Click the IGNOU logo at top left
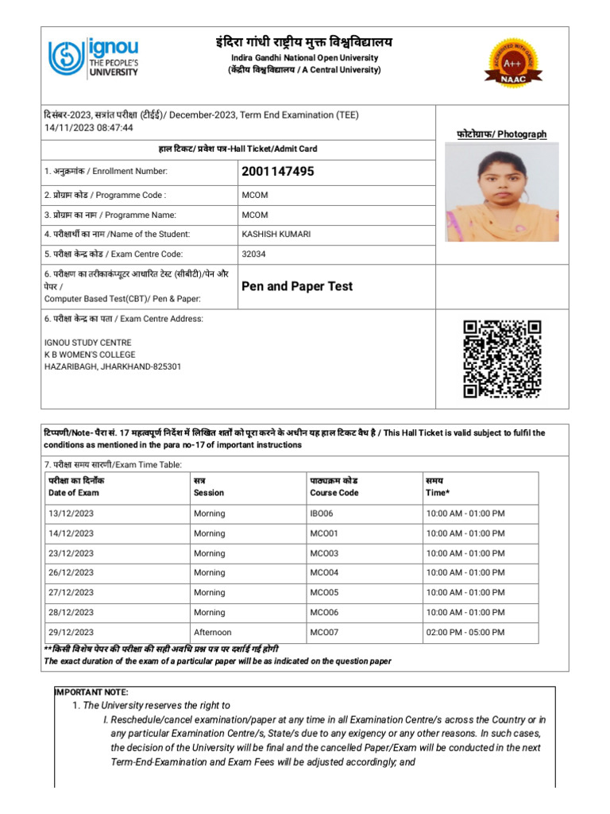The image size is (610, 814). (94, 58)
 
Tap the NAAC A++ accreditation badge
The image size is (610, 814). (513, 61)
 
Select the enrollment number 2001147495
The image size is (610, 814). (277, 172)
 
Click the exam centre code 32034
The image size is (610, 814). (253, 254)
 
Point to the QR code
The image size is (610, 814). (502, 359)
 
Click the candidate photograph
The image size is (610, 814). (502, 196)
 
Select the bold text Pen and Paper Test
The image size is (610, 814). (297, 286)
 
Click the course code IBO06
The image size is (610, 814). (322, 514)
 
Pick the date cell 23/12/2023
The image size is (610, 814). (71, 553)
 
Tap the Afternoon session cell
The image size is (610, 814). (213, 633)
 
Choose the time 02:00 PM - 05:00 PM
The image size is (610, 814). (465, 633)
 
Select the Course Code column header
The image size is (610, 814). (334, 492)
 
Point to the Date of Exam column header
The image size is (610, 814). (74, 492)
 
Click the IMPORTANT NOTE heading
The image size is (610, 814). (90, 692)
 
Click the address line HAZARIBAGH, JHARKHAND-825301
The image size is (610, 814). (113, 366)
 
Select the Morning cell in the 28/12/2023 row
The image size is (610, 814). (209, 613)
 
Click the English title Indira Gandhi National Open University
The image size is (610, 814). (305, 58)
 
